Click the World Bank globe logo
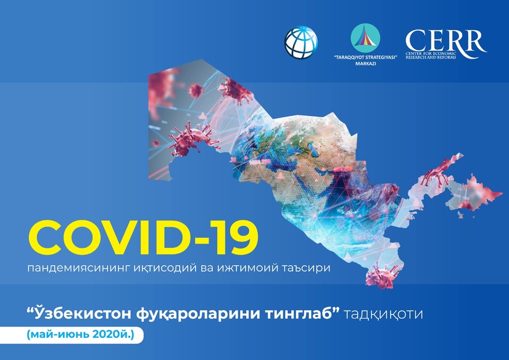pos(301,43)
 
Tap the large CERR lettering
pos(445,40)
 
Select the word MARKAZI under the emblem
pos(365,63)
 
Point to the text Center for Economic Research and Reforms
pos(431,55)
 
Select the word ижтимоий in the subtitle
pos(247,268)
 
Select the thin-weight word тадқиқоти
pos(383,314)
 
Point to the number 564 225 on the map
pos(366,237)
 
